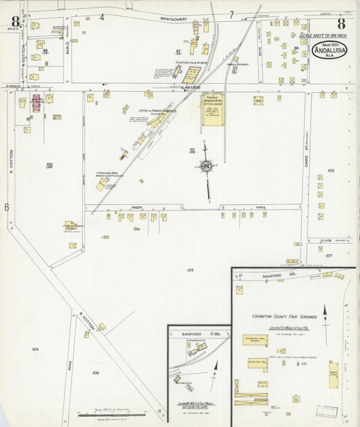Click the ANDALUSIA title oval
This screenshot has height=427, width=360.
click(x=330, y=51)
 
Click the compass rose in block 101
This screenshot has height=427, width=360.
click(x=207, y=166)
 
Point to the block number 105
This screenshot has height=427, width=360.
click(x=190, y=270)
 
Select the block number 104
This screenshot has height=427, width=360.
click(x=35, y=349)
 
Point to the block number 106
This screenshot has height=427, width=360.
click(x=96, y=372)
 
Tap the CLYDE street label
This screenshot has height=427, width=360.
click(x=326, y=240)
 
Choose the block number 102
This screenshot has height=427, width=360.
click(x=330, y=171)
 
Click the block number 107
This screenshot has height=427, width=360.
click(x=329, y=256)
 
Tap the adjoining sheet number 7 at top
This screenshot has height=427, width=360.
click(x=232, y=14)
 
